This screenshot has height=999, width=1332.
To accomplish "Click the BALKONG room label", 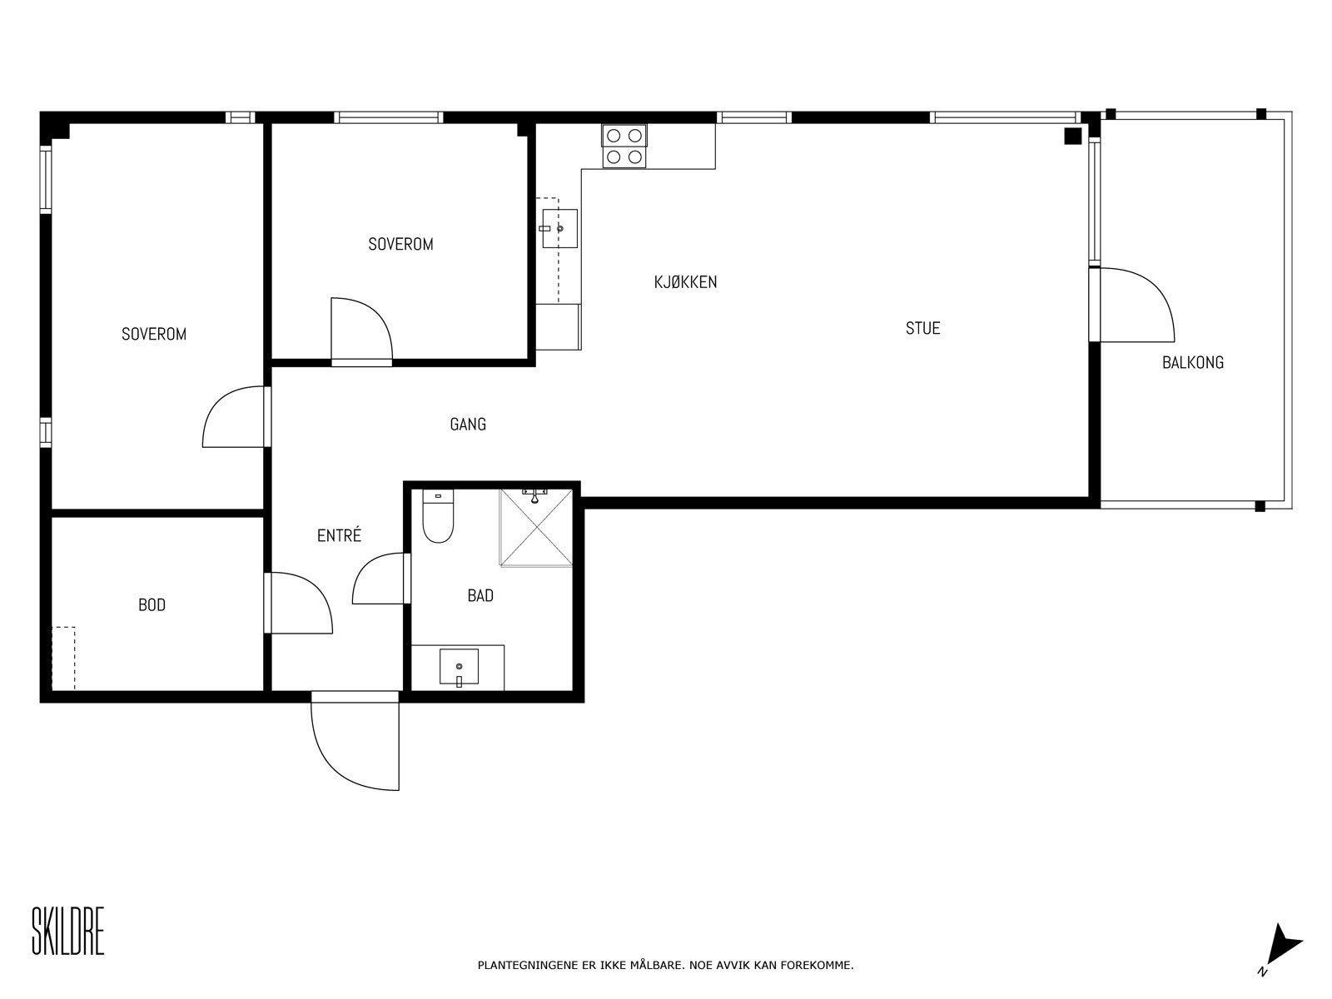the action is click(x=1192, y=363).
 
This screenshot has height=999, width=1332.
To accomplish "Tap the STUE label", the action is click(x=922, y=328).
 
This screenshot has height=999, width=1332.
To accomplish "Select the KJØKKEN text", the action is click(x=685, y=282).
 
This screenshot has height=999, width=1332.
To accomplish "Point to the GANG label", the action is click(x=468, y=424).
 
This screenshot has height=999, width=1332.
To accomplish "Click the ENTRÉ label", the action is click(x=339, y=535).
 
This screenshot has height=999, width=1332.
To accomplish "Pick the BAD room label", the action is click(x=480, y=595).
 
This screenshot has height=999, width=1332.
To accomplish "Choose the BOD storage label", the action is click(x=152, y=604).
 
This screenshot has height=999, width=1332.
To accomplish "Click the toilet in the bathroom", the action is click(x=438, y=516).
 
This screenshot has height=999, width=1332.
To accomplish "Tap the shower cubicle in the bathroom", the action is click(x=536, y=527).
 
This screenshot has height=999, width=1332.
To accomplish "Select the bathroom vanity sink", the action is click(x=459, y=667).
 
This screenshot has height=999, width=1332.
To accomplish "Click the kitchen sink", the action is click(x=559, y=229).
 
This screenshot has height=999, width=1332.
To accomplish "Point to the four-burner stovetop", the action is click(x=624, y=146).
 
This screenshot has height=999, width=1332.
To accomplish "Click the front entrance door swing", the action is click(x=355, y=745).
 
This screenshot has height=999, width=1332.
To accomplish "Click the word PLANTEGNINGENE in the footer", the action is click(x=525, y=965).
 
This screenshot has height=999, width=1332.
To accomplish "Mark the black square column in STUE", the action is click(x=1073, y=137).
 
